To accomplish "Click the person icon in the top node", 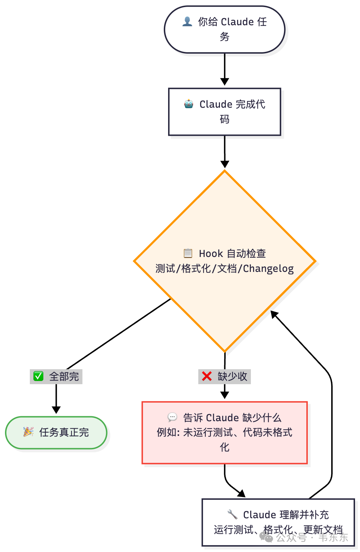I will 187,22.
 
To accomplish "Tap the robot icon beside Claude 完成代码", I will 188,104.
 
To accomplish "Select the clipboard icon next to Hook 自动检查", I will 188,253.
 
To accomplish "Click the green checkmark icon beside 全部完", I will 38,376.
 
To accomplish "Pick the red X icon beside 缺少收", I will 206,376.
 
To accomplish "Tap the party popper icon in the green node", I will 28,432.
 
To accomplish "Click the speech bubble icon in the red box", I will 172,417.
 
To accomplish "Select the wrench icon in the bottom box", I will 232,514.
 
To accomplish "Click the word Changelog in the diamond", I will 268,269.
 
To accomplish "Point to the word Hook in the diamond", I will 211,253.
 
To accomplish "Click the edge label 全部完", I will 64,376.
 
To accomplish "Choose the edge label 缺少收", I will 232,376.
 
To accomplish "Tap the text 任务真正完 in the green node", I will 64,432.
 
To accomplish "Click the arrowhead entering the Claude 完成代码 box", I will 225,81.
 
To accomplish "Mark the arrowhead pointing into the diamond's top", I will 225,164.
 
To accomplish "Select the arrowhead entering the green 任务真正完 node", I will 56,410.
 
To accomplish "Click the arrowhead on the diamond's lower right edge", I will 274,315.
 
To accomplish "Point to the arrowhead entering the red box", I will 225,395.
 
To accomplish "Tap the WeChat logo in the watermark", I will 267,537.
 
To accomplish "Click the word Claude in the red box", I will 222,417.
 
